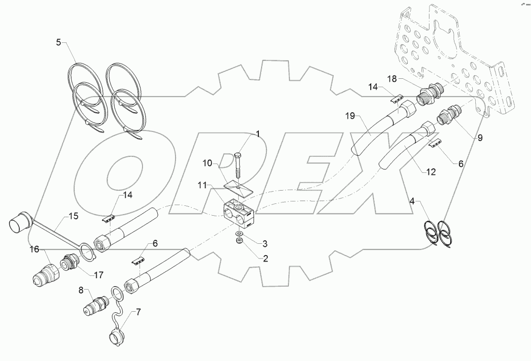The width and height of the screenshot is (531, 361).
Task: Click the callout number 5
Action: point(58,42)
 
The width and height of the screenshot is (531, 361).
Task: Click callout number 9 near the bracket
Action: point(480,138)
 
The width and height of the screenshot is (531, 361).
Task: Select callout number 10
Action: point(207,163)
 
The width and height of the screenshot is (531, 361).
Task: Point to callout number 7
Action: point(139,311)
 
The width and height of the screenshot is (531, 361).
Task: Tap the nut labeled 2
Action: point(239,241)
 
